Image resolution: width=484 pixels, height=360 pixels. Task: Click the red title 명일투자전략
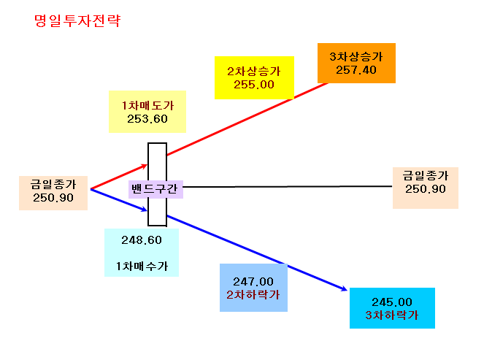77,21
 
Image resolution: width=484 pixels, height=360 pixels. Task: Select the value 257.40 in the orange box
356,70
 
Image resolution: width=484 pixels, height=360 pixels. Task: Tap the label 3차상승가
356,56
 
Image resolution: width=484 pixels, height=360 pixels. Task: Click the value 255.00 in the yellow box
254,85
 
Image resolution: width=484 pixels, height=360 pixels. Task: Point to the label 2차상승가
254,72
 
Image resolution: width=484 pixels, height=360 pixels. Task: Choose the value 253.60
147,119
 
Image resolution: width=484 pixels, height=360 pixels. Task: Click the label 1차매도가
147,106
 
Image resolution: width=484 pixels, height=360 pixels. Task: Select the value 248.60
142,240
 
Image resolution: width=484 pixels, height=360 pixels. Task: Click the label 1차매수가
142,266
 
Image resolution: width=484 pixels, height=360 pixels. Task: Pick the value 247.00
253,282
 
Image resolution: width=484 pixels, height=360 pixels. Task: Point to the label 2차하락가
253,295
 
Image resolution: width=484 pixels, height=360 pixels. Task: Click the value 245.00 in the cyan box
392,302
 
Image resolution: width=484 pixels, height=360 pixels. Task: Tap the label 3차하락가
392,315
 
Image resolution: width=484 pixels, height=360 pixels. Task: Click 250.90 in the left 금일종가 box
53,198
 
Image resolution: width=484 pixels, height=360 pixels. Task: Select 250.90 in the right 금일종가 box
426,189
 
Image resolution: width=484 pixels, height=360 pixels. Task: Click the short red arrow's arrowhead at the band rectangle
145,166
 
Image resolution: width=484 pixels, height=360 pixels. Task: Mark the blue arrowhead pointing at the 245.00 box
345,289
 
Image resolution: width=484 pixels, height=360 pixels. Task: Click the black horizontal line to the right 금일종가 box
288,186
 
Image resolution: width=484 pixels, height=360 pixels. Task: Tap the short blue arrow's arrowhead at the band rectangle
145,210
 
